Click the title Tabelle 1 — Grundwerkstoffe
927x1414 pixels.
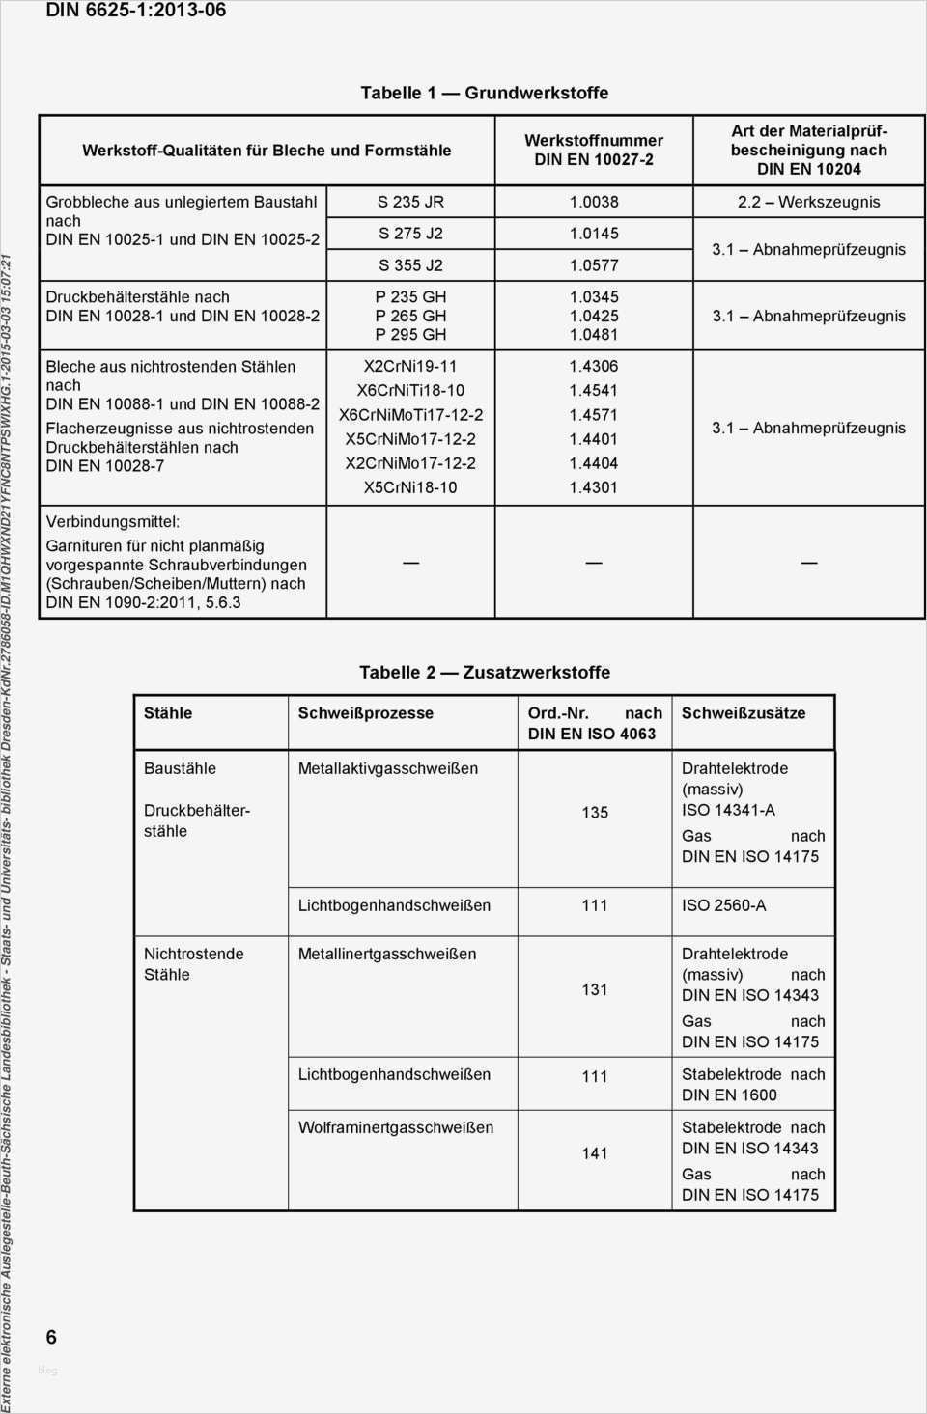[x=484, y=93]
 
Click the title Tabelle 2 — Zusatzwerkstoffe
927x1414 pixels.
[x=484, y=672]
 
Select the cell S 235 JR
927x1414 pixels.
[x=410, y=202]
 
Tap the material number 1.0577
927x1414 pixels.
[x=593, y=264]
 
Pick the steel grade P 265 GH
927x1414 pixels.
[x=410, y=316]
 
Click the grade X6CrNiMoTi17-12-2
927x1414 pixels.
[x=410, y=415]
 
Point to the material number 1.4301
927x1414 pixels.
[x=593, y=487]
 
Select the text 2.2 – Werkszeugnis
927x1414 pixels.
[x=808, y=202]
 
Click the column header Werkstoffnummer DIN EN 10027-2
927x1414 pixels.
[x=593, y=150]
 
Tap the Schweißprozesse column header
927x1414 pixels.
[x=365, y=713]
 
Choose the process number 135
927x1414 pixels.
[x=595, y=813]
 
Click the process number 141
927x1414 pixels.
[x=595, y=1152]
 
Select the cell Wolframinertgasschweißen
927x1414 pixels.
[x=395, y=1127]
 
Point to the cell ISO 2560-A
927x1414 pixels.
[x=723, y=905]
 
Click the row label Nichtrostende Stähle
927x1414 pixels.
[x=193, y=964]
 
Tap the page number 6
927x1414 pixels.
[x=51, y=1337]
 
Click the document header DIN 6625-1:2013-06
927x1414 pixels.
[x=136, y=11]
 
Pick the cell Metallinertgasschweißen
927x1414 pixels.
[x=386, y=954]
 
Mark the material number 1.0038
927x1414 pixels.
[x=593, y=202]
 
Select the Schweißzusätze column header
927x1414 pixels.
[x=743, y=713]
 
